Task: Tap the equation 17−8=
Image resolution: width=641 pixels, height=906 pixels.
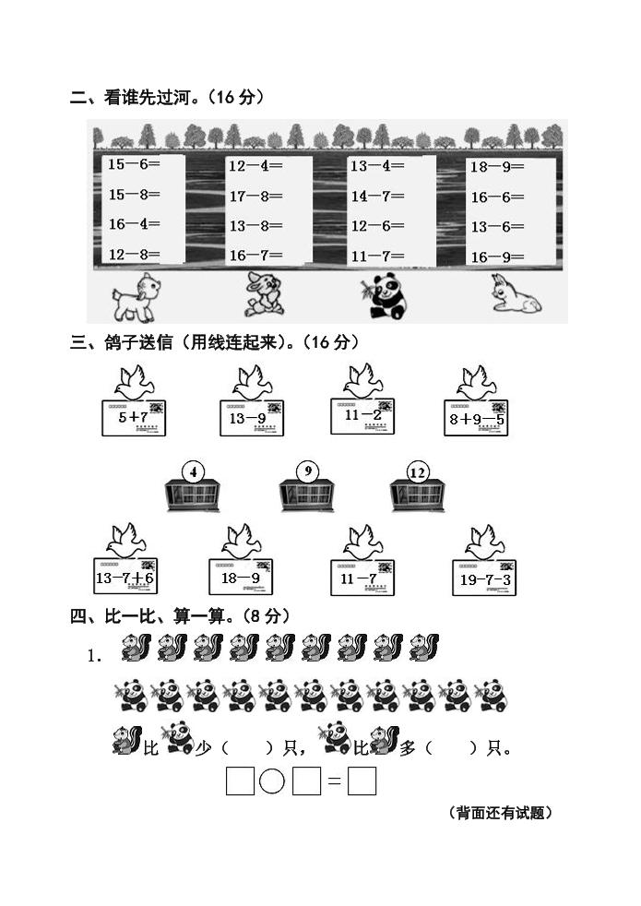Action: click(255, 196)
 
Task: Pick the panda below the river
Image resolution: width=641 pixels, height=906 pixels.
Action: click(382, 295)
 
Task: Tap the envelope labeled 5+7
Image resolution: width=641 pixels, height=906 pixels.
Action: click(134, 418)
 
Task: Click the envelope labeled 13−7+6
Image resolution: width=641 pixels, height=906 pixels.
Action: click(125, 578)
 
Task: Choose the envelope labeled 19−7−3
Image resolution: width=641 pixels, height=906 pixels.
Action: click(485, 578)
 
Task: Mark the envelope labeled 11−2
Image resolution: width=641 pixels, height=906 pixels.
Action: click(362, 416)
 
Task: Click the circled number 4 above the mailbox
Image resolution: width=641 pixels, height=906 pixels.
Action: click(193, 472)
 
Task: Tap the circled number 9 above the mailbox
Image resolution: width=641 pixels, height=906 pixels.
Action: click(306, 471)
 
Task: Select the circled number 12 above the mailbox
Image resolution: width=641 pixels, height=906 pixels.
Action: click(418, 472)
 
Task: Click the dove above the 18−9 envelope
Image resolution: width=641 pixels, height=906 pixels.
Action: click(241, 541)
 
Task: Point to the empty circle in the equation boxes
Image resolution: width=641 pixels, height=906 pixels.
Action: click(272, 781)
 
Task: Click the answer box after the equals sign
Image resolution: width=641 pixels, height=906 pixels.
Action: click(362, 781)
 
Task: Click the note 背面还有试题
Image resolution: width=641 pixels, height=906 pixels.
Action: click(500, 813)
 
